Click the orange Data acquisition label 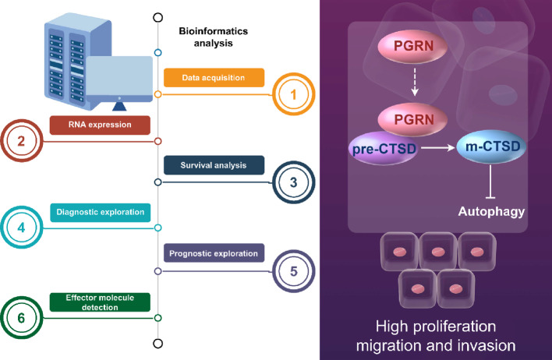(x=214, y=77)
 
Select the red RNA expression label (x=100, y=125)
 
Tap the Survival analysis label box (x=214, y=165)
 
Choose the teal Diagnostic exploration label (x=101, y=213)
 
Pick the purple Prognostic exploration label (x=214, y=253)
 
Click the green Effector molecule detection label (x=100, y=302)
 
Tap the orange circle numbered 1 (x=294, y=94)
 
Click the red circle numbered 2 (x=22, y=141)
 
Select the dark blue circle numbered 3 (x=294, y=182)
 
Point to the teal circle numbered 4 (x=22, y=228)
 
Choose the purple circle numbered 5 (x=294, y=271)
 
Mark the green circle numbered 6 (x=22, y=318)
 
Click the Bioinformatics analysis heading (x=214, y=37)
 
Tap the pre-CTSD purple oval (x=384, y=148)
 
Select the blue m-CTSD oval (x=491, y=146)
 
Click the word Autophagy (x=491, y=211)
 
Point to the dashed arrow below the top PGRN (x=415, y=82)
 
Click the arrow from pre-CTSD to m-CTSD (x=438, y=148)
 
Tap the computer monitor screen (x=119, y=76)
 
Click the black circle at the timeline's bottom (x=158, y=344)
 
